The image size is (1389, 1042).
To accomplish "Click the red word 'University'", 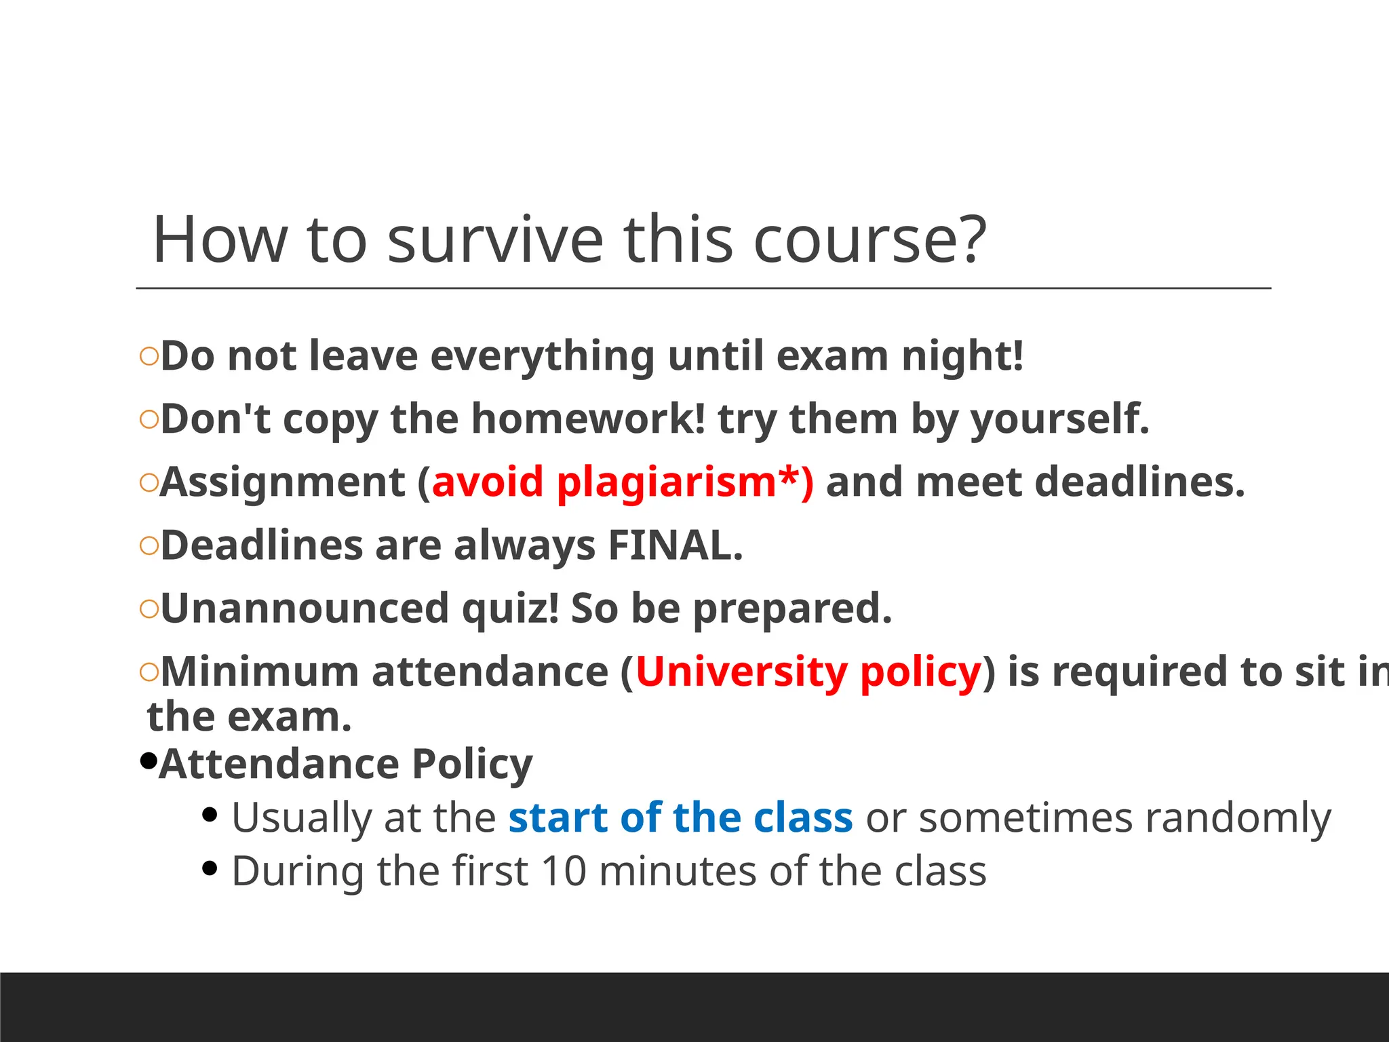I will [x=741, y=672].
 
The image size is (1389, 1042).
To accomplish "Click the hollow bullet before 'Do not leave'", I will [x=149, y=356].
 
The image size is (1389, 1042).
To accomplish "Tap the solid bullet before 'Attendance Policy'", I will [x=148, y=761].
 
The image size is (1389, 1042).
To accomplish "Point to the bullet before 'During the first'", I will [x=210, y=868].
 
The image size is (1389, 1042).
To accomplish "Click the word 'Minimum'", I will [x=259, y=672].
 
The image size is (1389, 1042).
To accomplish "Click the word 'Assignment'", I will [x=283, y=482].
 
